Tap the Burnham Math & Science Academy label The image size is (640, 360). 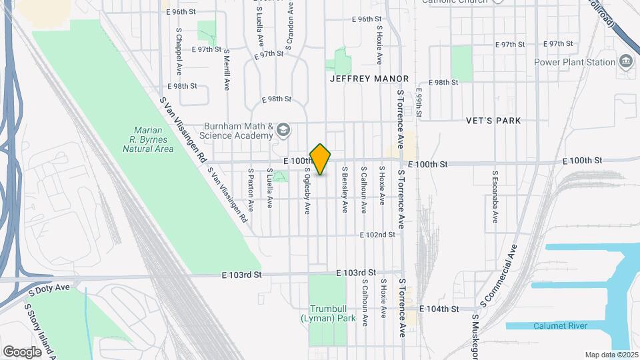pos(229,131)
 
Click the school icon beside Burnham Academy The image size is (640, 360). pos(283,129)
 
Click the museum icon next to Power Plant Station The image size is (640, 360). pos(626,63)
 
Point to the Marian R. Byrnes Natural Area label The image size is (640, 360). pos(148,140)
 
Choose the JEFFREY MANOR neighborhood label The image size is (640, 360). pos(360,78)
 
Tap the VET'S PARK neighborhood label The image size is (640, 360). pos(494,121)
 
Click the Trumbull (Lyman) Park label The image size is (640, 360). pos(327,314)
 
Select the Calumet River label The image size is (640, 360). pos(559,325)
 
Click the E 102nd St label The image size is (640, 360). pos(377,235)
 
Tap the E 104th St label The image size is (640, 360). pos(441,309)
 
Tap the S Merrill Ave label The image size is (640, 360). pos(227,69)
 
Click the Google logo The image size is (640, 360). pos(22,351)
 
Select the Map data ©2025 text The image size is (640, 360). pos(611,355)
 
